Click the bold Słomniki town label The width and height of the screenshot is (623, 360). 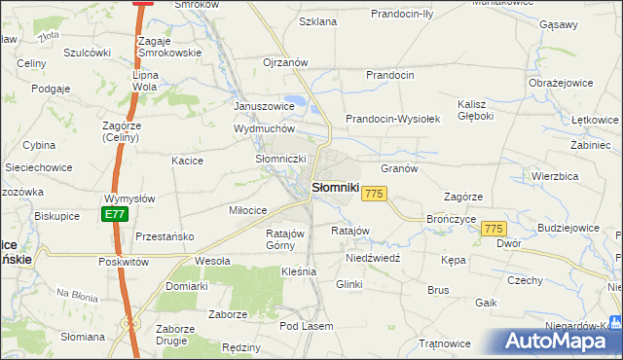point(336,187)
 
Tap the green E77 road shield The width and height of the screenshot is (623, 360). point(115,214)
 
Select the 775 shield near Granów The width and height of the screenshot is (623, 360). point(375,195)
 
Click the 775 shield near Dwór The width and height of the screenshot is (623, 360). point(494,228)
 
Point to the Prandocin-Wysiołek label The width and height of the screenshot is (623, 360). point(394,119)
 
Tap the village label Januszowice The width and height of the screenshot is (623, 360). point(264,106)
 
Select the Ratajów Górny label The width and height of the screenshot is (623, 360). point(286,239)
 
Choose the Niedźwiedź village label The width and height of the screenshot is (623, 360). point(374,261)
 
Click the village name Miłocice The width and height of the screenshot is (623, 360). point(247,210)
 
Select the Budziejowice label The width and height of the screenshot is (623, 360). point(567,228)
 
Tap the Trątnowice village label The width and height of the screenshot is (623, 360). point(444,343)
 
